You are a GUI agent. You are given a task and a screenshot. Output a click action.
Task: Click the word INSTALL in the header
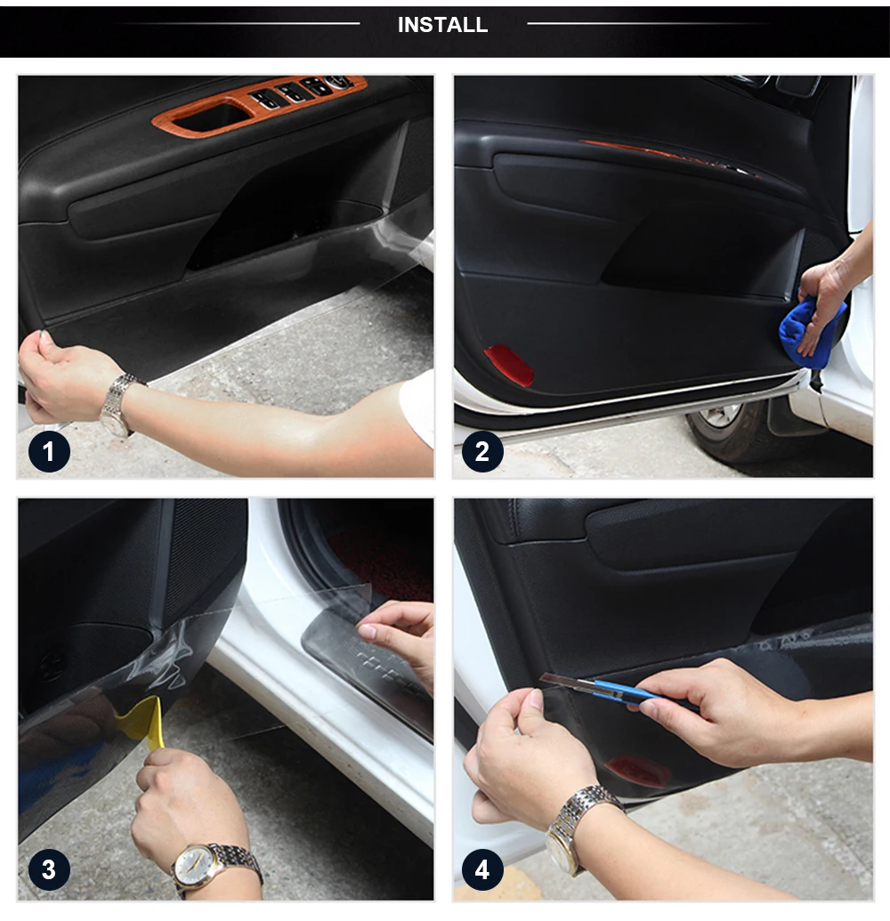(x=442, y=25)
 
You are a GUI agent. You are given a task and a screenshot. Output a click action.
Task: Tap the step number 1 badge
(x=49, y=451)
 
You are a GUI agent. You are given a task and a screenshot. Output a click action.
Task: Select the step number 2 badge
(x=482, y=451)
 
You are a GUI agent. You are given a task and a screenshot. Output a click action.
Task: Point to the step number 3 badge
(x=49, y=869)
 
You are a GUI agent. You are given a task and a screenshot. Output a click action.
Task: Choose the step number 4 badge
(x=482, y=869)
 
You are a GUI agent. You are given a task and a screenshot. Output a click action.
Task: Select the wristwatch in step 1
(x=118, y=405)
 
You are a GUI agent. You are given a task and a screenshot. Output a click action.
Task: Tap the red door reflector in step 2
(x=509, y=365)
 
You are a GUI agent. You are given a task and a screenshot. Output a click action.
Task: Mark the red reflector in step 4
(x=638, y=771)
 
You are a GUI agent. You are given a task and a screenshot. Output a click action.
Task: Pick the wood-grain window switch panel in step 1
(x=258, y=104)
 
